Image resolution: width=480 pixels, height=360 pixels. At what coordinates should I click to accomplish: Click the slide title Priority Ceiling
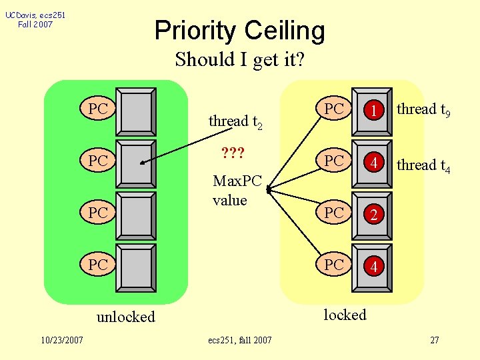(240, 31)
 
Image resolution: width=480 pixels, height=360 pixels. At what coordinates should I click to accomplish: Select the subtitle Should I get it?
(240, 60)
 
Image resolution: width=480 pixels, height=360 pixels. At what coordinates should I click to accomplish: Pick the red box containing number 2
(374, 215)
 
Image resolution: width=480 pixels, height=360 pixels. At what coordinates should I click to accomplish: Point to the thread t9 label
(424, 110)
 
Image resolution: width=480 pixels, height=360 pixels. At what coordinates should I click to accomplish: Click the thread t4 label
(424, 165)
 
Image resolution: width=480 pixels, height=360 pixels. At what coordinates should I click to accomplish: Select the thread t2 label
(235, 122)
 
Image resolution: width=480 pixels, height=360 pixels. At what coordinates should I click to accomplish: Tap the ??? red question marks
(233, 154)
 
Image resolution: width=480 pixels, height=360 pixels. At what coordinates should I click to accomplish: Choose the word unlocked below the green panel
(125, 317)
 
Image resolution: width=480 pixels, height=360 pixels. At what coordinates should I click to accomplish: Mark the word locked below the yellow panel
(345, 315)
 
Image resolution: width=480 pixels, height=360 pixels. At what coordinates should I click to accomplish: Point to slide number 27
(434, 341)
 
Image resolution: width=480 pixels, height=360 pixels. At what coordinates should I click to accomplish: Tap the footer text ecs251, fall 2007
(240, 341)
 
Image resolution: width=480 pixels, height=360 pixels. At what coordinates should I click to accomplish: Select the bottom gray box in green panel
(137, 267)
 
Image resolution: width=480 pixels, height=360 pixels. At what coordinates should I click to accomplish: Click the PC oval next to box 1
(335, 109)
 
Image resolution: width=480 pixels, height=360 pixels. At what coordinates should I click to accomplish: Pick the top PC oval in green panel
(98, 109)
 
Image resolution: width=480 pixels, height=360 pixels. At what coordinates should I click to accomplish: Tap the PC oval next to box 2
(335, 213)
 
